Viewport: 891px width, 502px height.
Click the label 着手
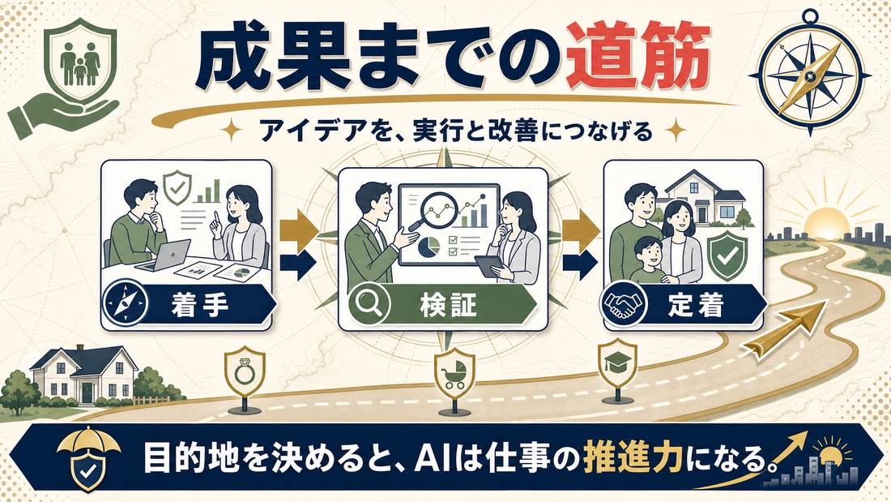(199, 305)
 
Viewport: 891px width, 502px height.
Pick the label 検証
(449, 305)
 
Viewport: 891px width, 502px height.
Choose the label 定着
(696, 305)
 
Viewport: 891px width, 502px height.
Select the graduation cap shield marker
(618, 362)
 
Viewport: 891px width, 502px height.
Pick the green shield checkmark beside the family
(727, 256)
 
